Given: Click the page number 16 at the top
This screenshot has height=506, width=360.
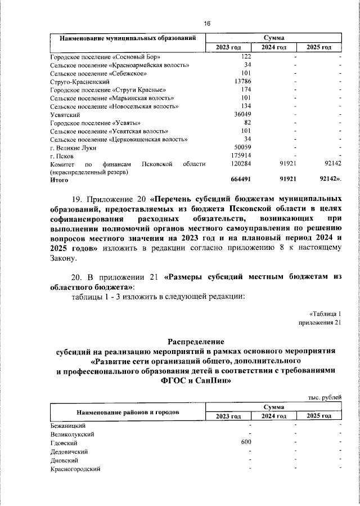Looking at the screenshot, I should (x=207, y=23).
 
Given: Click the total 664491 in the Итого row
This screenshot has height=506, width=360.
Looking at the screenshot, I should (x=241, y=180).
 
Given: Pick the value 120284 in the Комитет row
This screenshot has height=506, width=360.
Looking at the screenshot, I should (x=241, y=164).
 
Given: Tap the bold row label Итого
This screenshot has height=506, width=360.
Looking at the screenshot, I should (x=59, y=180).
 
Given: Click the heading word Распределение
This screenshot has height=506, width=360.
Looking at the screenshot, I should (x=196, y=342).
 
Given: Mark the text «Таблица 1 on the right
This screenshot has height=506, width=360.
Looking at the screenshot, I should (x=325, y=314).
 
